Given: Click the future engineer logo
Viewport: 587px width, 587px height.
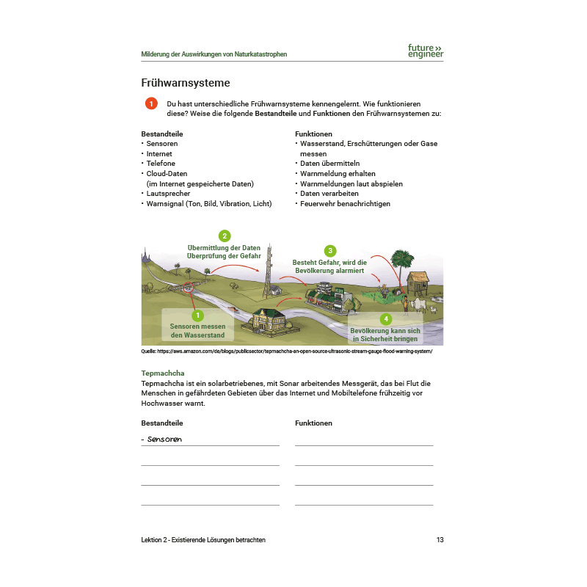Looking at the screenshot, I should click(x=426, y=51).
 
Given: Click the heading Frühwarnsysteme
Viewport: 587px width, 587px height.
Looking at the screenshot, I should click(x=186, y=82).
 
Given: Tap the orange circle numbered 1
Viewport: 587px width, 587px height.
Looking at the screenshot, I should click(x=151, y=104).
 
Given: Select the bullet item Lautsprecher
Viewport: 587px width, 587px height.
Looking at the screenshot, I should click(x=169, y=194).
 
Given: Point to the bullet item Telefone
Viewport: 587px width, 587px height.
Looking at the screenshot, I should click(x=161, y=164).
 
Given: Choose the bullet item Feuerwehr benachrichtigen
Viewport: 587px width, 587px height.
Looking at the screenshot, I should click(x=345, y=204).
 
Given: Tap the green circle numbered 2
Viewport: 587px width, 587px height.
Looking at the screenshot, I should click(x=225, y=236).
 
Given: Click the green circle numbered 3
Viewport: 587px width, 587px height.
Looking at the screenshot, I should click(x=330, y=250).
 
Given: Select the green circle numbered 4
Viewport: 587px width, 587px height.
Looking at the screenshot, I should click(x=386, y=318).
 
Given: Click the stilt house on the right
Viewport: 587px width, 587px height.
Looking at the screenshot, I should click(x=418, y=282).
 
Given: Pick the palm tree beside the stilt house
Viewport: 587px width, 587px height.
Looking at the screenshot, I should click(x=401, y=260).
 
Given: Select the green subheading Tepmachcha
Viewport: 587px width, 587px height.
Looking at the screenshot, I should click(x=163, y=373).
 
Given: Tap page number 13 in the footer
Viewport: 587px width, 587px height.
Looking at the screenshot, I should click(x=440, y=540).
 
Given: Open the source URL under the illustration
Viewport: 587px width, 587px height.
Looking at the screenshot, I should click(x=287, y=351).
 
